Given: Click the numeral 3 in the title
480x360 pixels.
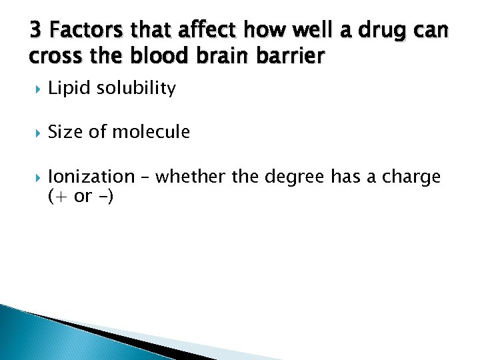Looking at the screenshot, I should coord(36,31).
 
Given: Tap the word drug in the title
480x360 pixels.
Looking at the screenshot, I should coord(397,31).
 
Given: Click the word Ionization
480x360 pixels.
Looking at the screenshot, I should coord(91,177).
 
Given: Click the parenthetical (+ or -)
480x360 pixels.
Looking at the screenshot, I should coord(81,197).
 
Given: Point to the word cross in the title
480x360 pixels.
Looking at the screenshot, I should coord(50,56).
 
